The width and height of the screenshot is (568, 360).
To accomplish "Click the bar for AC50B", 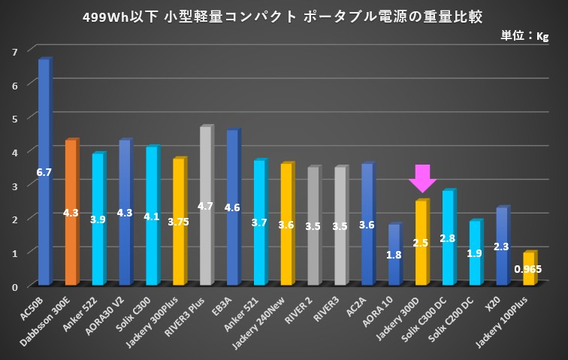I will click(x=44, y=135).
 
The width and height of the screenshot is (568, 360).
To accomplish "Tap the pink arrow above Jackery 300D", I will click(x=422, y=178).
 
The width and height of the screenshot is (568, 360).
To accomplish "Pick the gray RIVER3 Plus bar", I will click(x=205, y=165).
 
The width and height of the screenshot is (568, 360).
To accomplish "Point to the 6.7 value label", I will click(x=44, y=172).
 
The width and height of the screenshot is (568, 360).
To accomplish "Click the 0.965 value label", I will click(x=528, y=269).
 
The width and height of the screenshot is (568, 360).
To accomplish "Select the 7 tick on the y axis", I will click(x=15, y=51).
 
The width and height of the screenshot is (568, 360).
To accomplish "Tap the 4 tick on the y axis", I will click(x=15, y=152).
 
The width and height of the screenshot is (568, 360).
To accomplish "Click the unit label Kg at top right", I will click(x=542, y=36).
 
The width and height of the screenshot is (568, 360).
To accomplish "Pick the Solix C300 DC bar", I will click(x=448, y=225).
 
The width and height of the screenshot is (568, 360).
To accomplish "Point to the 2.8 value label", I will click(x=448, y=238).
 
